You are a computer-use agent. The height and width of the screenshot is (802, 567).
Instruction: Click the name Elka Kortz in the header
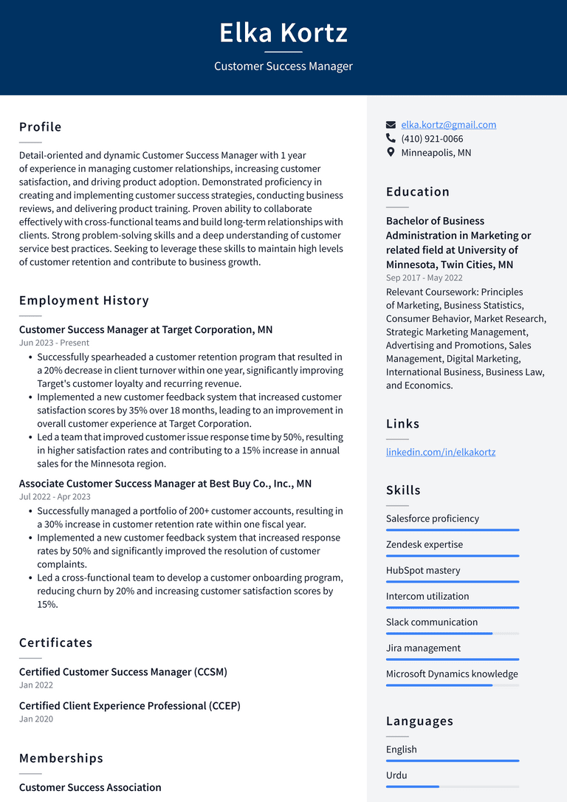pyautogui.click(x=283, y=33)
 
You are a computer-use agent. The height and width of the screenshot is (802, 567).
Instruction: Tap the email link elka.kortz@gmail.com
pyautogui.click(x=448, y=125)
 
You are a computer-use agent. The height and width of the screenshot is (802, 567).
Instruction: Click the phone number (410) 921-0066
pyautogui.click(x=432, y=139)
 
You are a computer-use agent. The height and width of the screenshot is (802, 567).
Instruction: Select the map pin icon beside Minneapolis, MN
pyautogui.click(x=391, y=152)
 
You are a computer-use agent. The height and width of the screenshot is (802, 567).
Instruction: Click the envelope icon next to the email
pyautogui.click(x=391, y=125)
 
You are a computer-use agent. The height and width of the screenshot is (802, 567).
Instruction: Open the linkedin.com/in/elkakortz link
pyautogui.click(x=441, y=452)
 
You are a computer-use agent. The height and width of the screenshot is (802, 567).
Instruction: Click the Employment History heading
pyautogui.click(x=84, y=301)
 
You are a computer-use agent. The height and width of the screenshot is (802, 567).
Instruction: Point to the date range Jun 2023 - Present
pyautogui.click(x=54, y=343)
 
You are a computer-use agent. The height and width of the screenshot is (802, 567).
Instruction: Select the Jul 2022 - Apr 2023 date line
pyautogui.click(x=55, y=497)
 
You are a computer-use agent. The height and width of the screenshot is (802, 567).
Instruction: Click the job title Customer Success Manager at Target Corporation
pyautogui.click(x=145, y=329)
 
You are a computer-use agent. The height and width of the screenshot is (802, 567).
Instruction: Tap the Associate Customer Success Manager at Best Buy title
pyautogui.click(x=165, y=484)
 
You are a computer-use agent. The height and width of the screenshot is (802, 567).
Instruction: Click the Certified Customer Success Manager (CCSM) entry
pyautogui.click(x=123, y=672)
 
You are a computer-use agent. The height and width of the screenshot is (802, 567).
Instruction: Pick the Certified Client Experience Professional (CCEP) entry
pyautogui.click(x=130, y=706)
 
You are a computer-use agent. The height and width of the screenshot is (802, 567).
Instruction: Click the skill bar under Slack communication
pyautogui.click(x=452, y=634)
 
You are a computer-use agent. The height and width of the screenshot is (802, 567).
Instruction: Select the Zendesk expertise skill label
pyautogui.click(x=425, y=544)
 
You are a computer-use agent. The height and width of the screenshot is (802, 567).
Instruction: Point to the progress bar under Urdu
pyautogui.click(x=452, y=786)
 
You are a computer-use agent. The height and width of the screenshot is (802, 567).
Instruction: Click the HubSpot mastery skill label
pyautogui.click(x=423, y=570)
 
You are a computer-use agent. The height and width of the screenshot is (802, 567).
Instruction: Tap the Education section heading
pyautogui.click(x=418, y=192)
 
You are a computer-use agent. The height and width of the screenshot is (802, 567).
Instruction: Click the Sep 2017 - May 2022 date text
pyautogui.click(x=425, y=278)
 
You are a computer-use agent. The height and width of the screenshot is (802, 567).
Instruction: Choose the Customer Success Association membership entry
pyautogui.click(x=90, y=787)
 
